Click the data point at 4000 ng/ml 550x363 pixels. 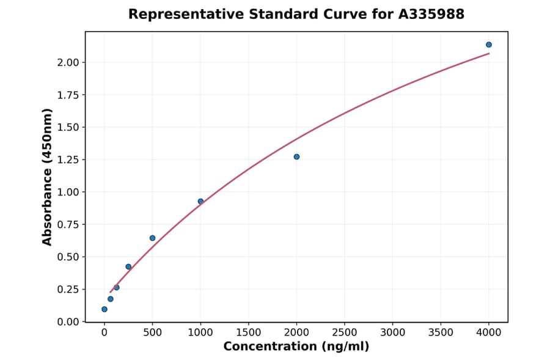click(x=488, y=45)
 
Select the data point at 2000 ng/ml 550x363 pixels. click(x=296, y=157)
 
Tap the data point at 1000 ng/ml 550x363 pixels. click(x=200, y=202)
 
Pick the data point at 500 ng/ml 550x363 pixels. click(x=152, y=238)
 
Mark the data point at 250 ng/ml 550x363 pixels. click(x=128, y=267)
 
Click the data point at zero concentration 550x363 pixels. click(x=105, y=309)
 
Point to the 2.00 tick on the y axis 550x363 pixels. click(x=68, y=62)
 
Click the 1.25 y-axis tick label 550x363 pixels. click(x=68, y=159)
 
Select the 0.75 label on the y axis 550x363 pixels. click(x=68, y=224)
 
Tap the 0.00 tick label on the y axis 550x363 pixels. click(x=68, y=321)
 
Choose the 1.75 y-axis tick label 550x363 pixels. click(x=68, y=95)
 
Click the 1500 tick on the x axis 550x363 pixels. click(x=248, y=332)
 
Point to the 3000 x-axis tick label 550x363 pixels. click(x=392, y=332)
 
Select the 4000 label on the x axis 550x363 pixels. click(x=488, y=332)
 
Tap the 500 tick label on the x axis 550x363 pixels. click(x=152, y=332)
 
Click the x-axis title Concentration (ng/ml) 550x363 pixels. click(x=296, y=347)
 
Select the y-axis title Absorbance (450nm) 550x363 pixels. click(x=48, y=177)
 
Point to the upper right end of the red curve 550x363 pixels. click(x=488, y=53)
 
